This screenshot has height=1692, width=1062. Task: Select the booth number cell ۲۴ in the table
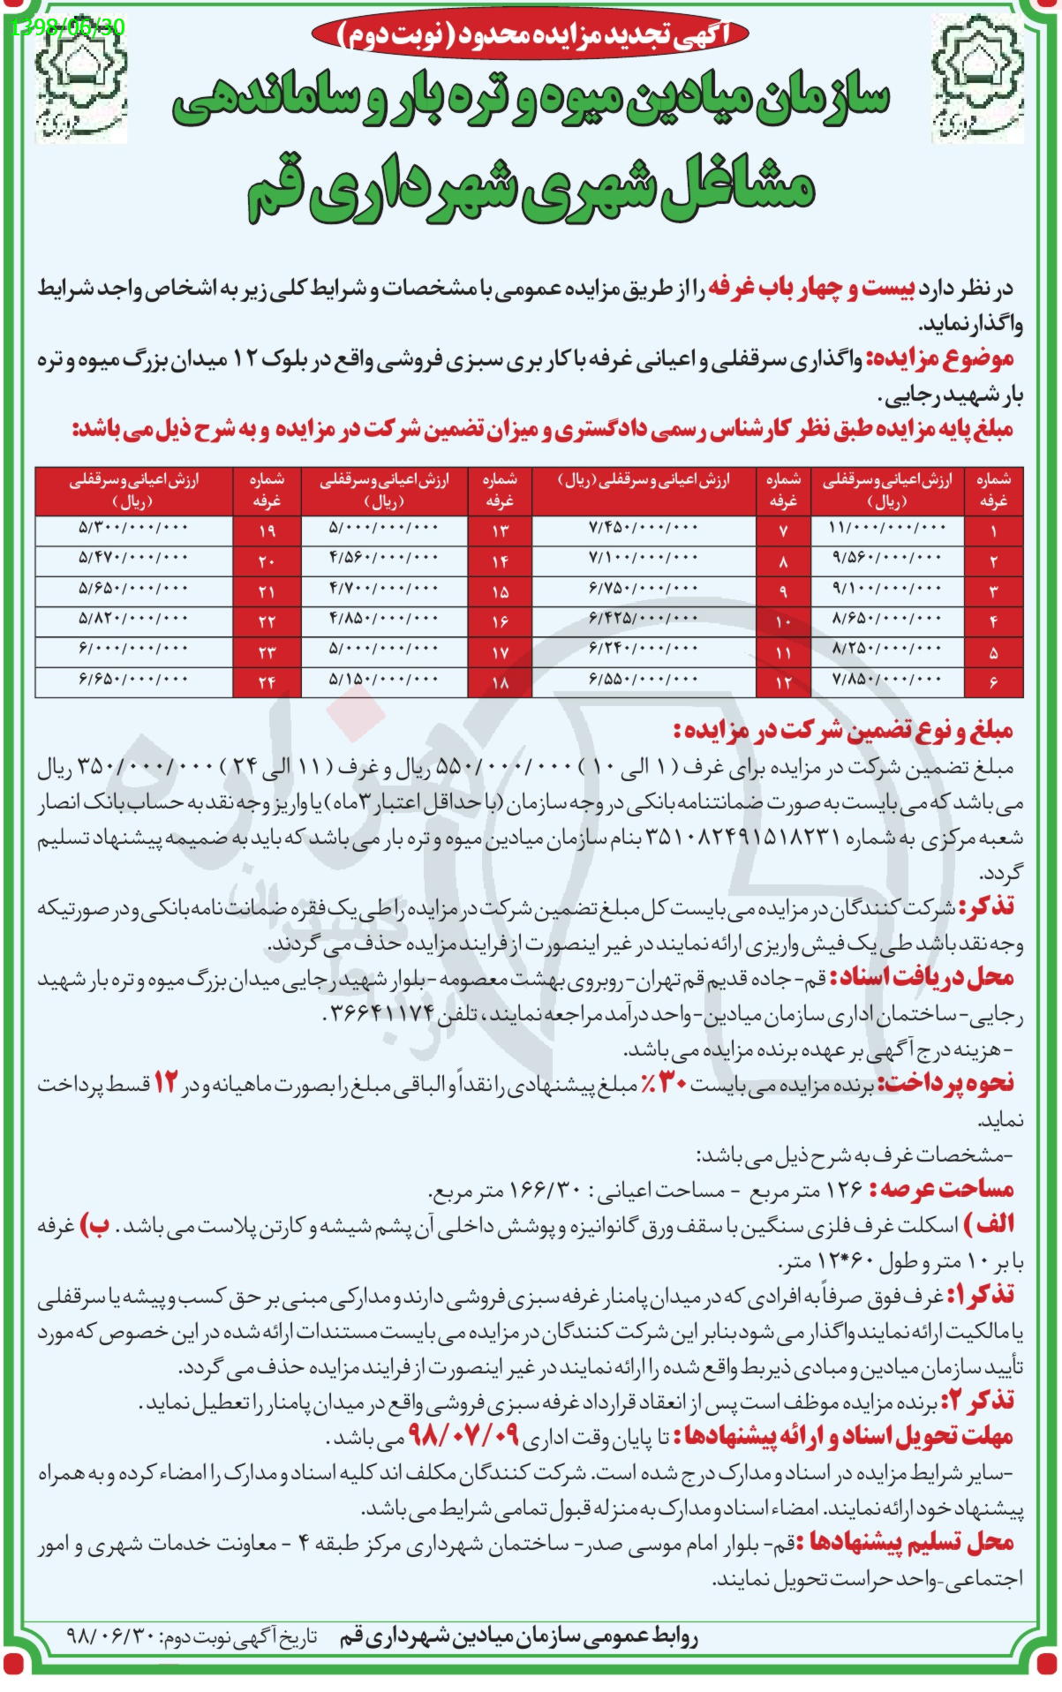(x=267, y=682)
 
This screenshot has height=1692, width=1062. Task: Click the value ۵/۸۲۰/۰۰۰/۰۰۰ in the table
(x=133, y=619)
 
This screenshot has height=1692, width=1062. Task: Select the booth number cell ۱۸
(x=500, y=682)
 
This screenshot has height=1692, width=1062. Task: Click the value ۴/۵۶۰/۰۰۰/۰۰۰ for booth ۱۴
(x=383, y=558)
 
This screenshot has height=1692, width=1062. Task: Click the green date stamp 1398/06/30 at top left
(x=69, y=26)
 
